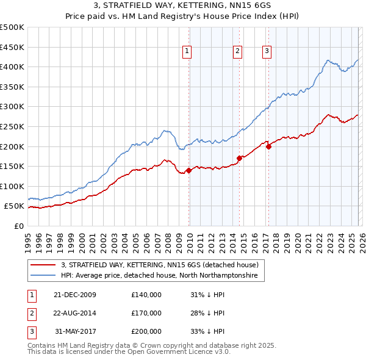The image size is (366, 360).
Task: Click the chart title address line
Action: point(183,5)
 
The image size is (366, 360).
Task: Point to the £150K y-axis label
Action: point(12,166)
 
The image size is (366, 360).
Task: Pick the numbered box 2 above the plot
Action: point(237,52)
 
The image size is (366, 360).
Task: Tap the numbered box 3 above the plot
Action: point(267,52)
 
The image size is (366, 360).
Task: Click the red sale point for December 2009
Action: point(189,171)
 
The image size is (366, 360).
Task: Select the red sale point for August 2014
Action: point(239,159)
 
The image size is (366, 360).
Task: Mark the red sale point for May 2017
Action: point(269,146)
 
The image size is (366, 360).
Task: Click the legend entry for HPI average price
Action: point(159,276)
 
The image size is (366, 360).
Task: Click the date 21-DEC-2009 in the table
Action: point(74,295)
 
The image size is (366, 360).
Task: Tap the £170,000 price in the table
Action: point(146,313)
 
